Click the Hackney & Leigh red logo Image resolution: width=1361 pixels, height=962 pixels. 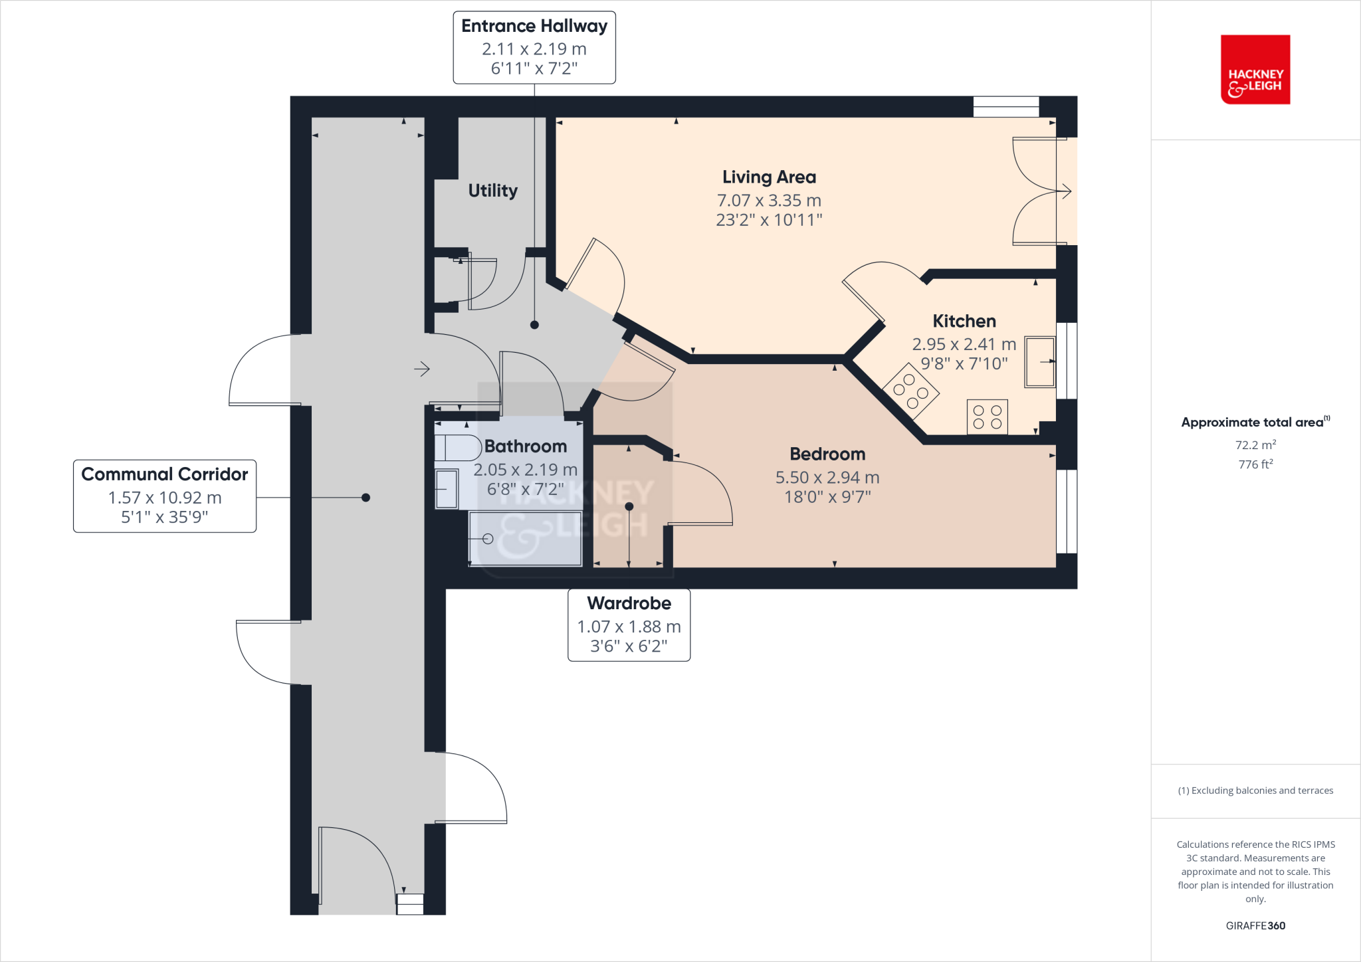pyautogui.click(x=1255, y=70)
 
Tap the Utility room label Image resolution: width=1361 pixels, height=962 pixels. pyautogui.click(x=492, y=191)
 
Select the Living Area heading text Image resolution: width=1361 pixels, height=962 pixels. pyautogui.click(x=769, y=177)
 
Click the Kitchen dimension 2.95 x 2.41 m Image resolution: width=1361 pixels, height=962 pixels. pyautogui.click(x=964, y=344)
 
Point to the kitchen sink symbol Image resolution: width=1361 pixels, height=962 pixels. pyautogui.click(x=1039, y=362)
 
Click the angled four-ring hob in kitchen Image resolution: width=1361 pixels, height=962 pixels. pyautogui.click(x=910, y=391)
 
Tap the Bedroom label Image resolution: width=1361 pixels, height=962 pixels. pyautogui.click(x=827, y=454)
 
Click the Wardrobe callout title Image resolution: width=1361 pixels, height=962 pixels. pyautogui.click(x=629, y=603)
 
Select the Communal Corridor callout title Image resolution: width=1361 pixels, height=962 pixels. pyautogui.click(x=164, y=474)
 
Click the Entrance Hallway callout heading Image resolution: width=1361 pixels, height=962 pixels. pyautogui.click(x=534, y=26)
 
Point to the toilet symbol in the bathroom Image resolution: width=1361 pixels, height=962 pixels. pyautogui.click(x=458, y=448)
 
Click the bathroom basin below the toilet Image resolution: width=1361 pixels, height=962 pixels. pyautogui.click(x=447, y=489)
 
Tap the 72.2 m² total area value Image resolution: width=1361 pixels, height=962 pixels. pyautogui.click(x=1255, y=445)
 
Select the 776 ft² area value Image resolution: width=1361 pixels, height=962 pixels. pyautogui.click(x=1255, y=464)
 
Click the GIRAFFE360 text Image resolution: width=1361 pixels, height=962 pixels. pyautogui.click(x=1255, y=925)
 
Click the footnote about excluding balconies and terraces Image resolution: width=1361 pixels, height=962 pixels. pyautogui.click(x=1255, y=791)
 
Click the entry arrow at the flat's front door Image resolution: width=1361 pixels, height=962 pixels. pyautogui.click(x=422, y=369)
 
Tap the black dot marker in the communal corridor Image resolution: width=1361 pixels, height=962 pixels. pyautogui.click(x=366, y=498)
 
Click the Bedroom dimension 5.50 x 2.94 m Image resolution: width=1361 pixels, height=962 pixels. pyautogui.click(x=827, y=478)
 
